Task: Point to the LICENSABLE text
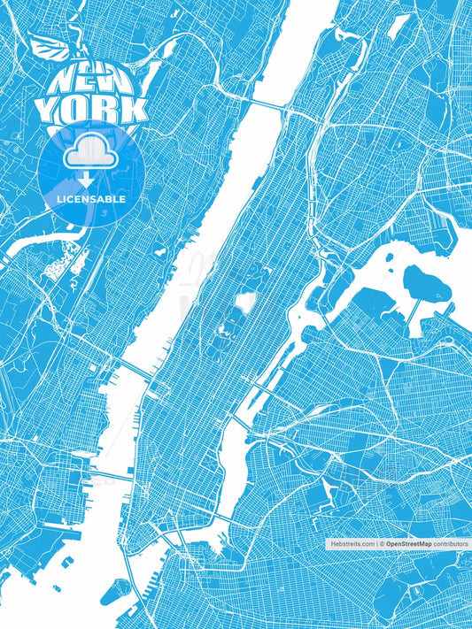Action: (x=91, y=199)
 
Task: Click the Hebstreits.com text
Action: (x=352, y=544)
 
